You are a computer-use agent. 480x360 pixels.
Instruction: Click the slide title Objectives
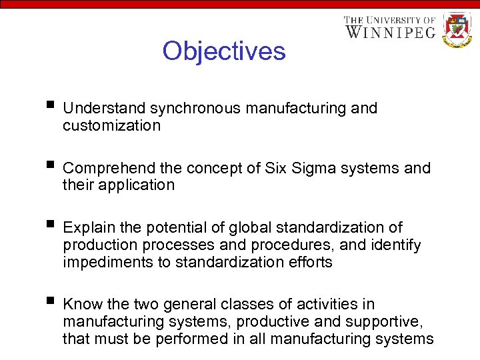coord(223,51)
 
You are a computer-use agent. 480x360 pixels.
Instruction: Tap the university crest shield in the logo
coord(457,29)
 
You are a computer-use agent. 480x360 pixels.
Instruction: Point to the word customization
coord(111,125)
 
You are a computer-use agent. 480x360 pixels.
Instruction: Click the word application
coord(136,185)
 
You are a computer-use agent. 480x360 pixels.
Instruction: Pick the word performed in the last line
coord(188,339)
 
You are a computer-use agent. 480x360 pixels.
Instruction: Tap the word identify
coord(395,245)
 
